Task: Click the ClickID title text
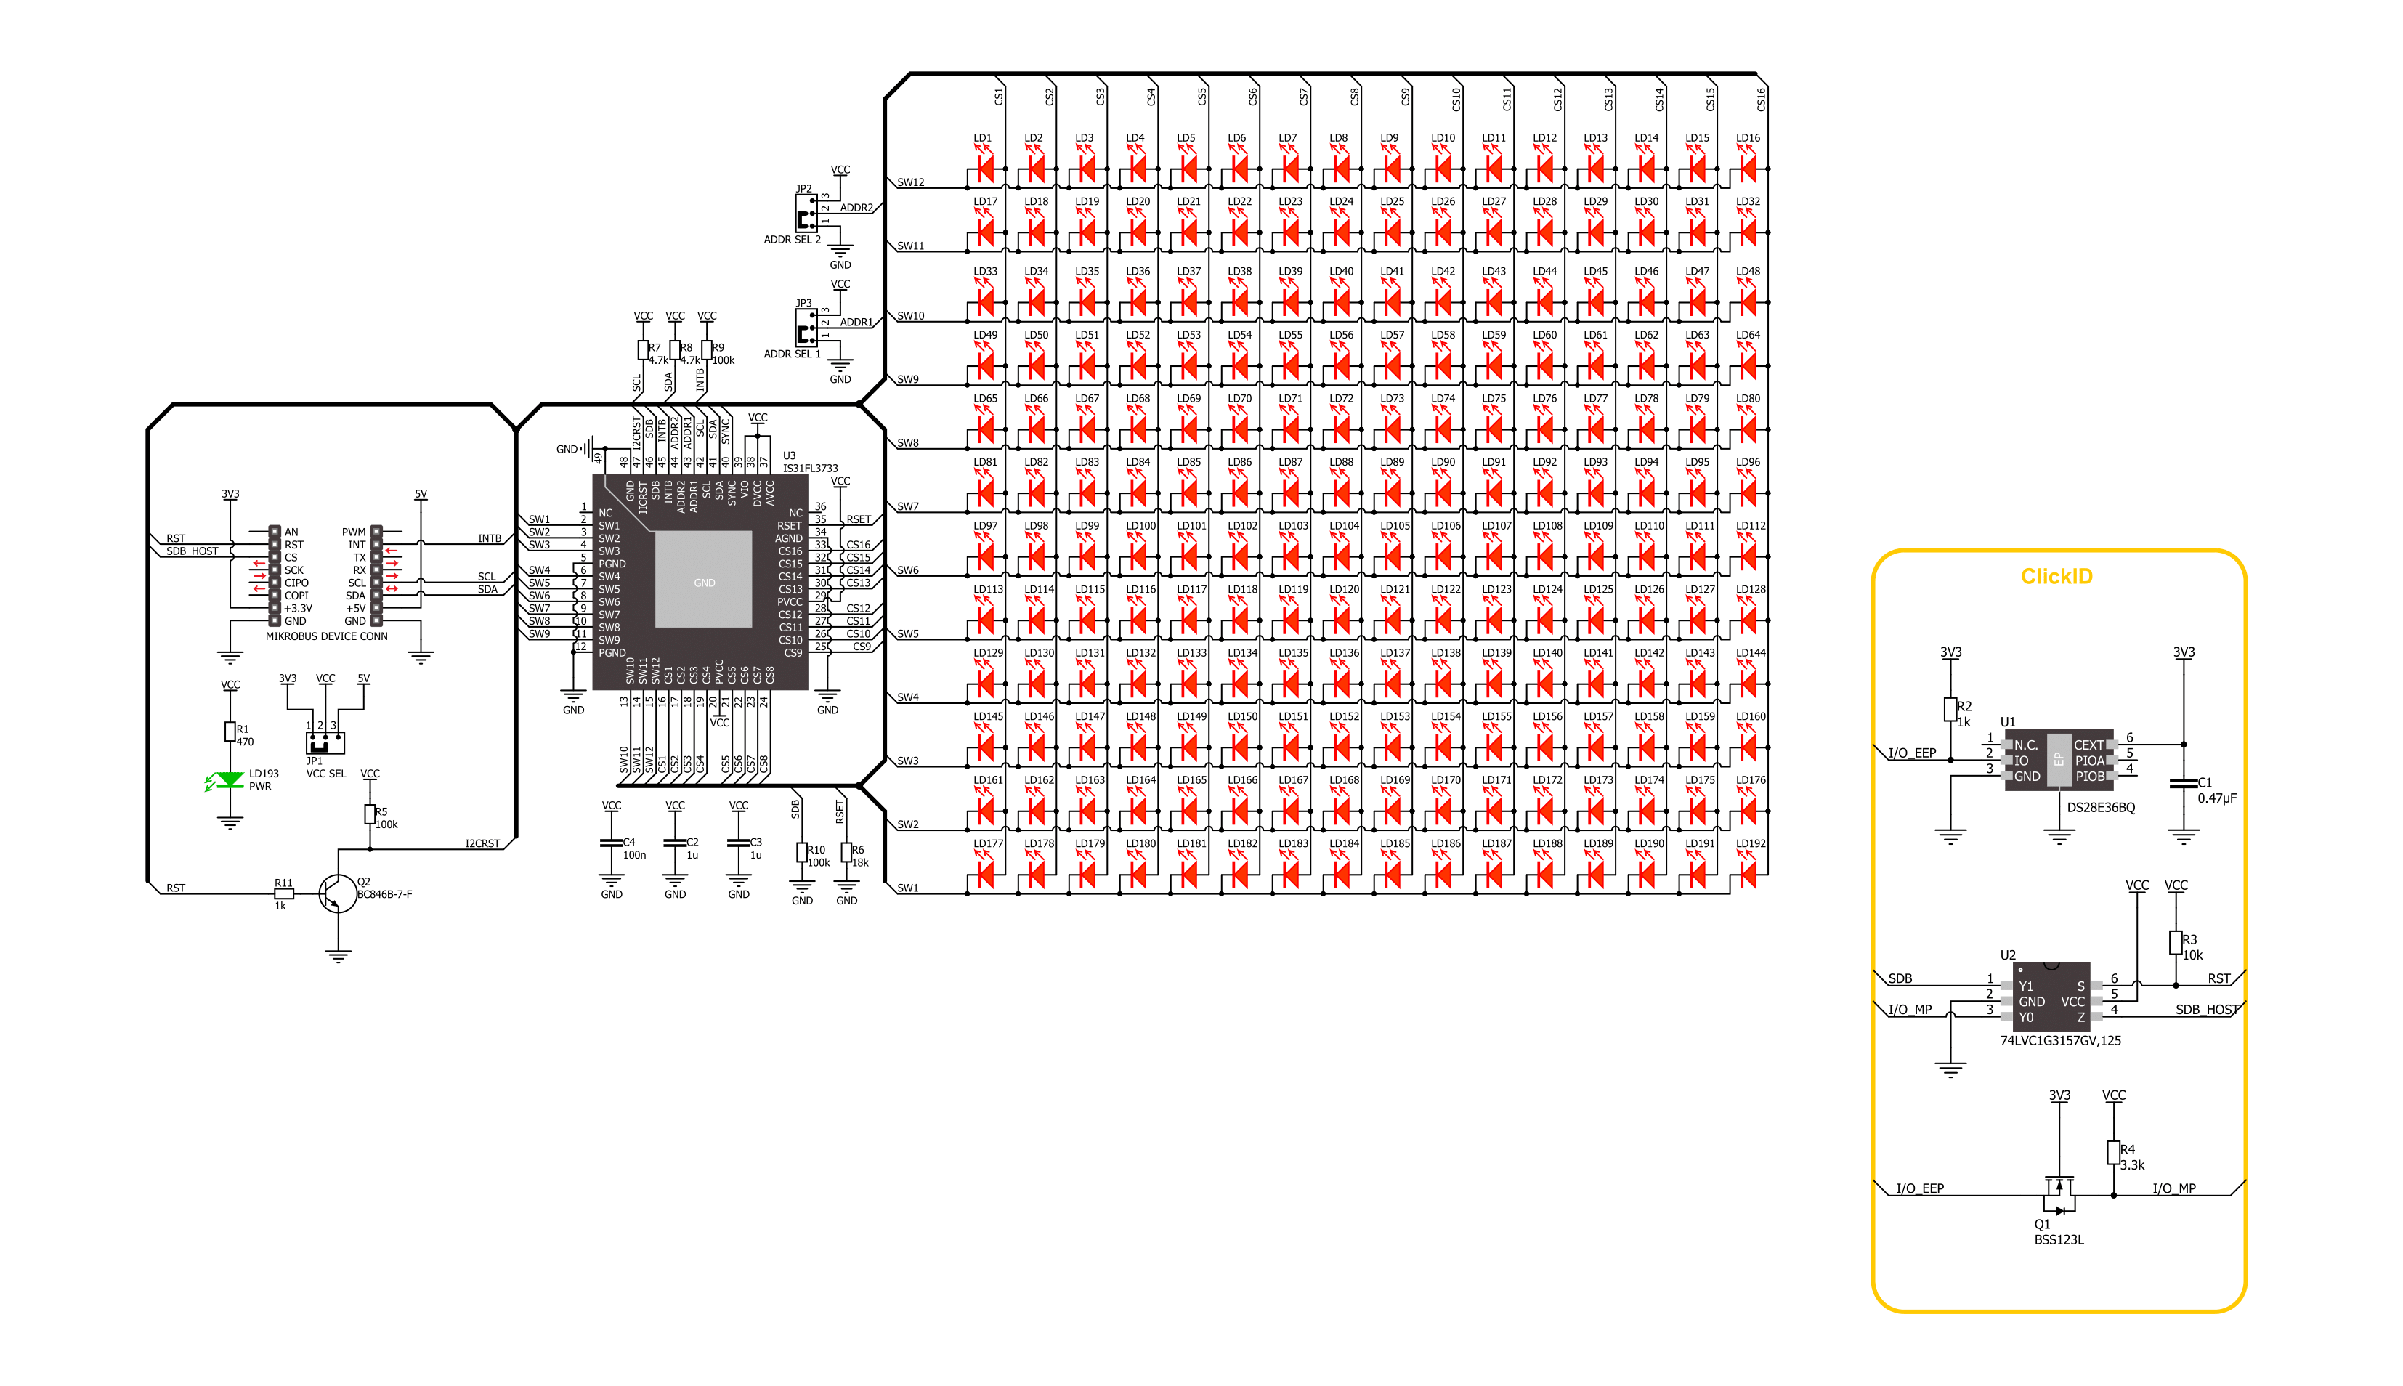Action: pyautogui.click(x=2056, y=577)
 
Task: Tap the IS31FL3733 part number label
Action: pyautogui.click(x=810, y=469)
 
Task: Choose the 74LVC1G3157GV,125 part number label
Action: pyautogui.click(x=2059, y=1040)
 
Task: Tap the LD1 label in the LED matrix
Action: pyautogui.click(x=982, y=138)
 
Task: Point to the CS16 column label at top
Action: pyautogui.click(x=1761, y=98)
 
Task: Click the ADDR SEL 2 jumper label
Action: pyautogui.click(x=792, y=240)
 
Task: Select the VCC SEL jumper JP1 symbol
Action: pyautogui.click(x=325, y=741)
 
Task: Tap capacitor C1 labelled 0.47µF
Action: pyautogui.click(x=2183, y=783)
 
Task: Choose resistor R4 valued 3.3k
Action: pyautogui.click(x=2112, y=1153)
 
